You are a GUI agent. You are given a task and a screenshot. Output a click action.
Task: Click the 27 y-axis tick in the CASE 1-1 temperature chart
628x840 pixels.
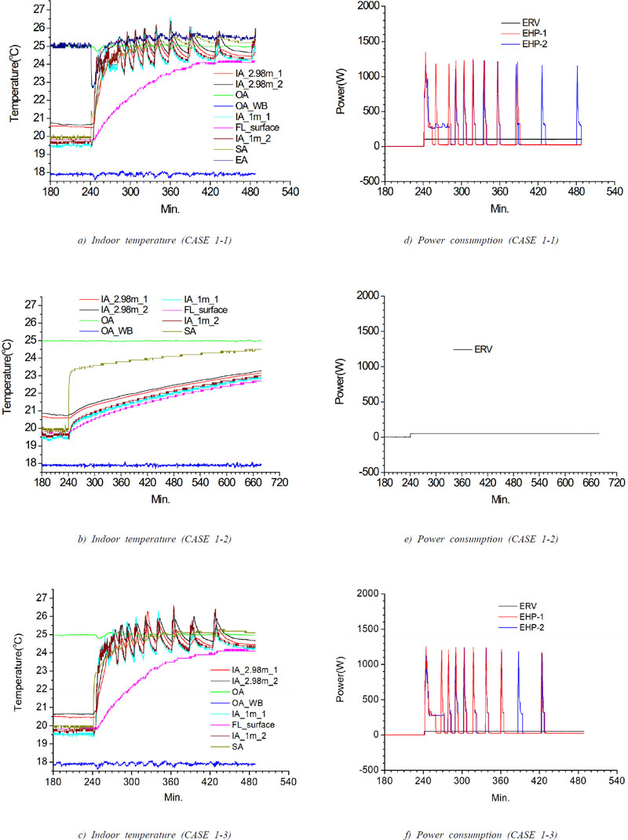pos(37,9)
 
